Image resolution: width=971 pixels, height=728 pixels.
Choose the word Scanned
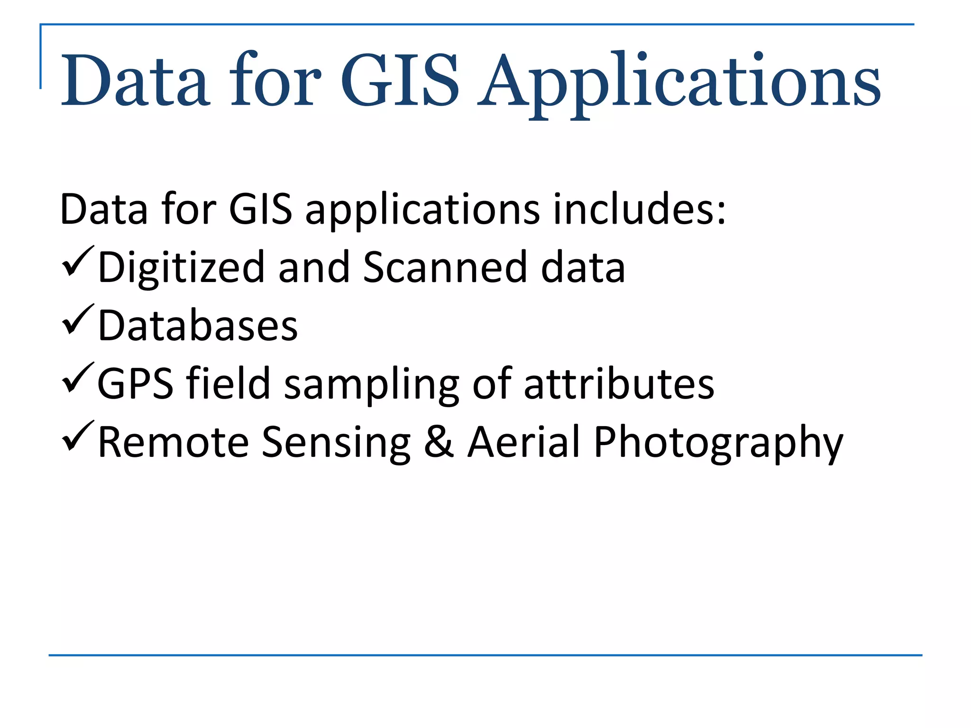tap(445, 267)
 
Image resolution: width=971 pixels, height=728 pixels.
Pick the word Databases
tap(198, 326)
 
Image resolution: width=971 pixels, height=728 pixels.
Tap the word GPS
tap(135, 384)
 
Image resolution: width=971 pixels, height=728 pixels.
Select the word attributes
tap(619, 384)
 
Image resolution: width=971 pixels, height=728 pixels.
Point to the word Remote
tap(173, 442)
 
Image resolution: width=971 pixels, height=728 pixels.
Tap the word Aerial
tap(524, 442)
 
